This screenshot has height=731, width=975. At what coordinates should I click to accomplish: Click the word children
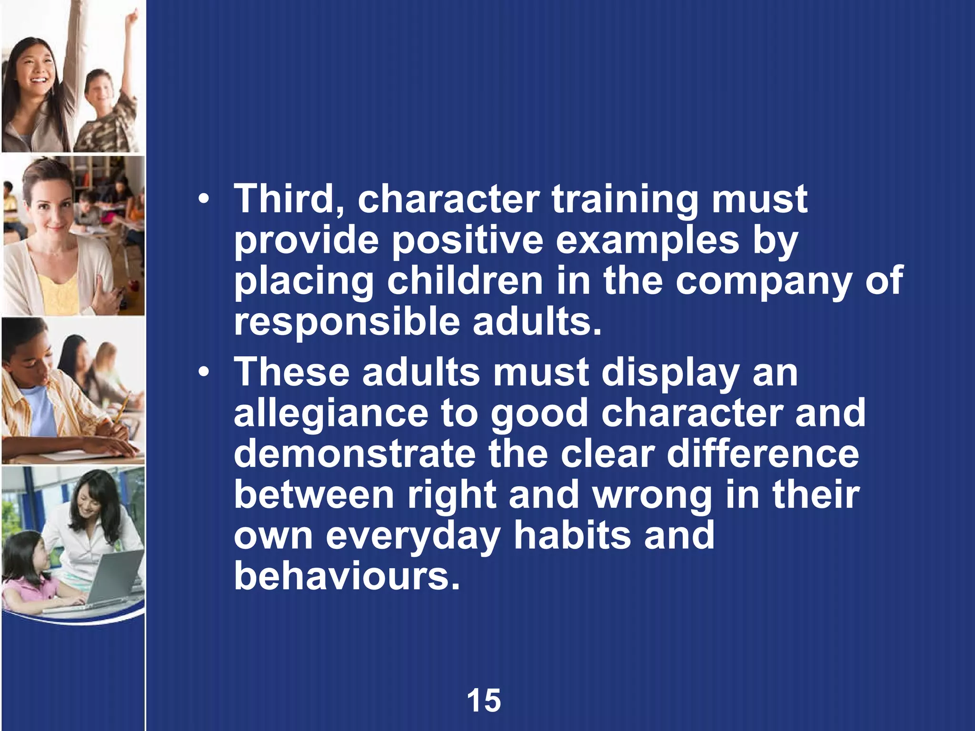pyautogui.click(x=465, y=280)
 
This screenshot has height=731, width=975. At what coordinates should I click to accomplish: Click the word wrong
pyautogui.click(x=652, y=495)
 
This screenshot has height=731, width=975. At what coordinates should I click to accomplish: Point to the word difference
pyautogui.click(x=763, y=454)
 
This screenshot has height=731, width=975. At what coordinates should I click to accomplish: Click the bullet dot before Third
pyautogui.click(x=204, y=199)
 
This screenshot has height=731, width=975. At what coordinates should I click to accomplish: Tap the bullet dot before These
pyautogui.click(x=204, y=373)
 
